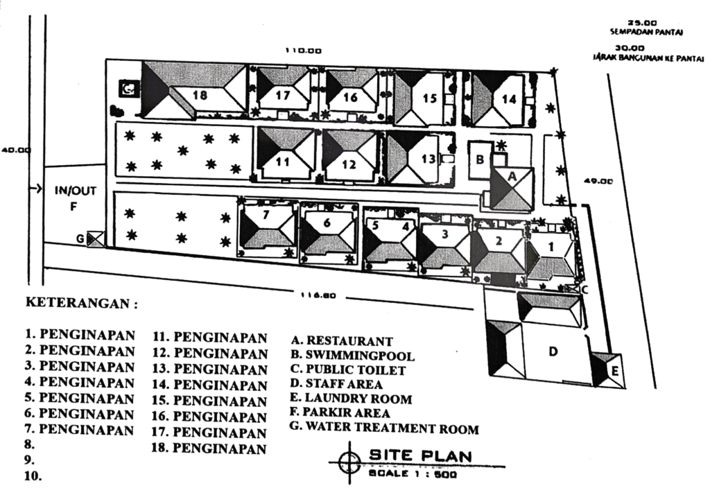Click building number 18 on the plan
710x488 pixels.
(199, 95)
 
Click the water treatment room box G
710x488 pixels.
(95, 239)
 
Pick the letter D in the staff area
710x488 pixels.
(553, 351)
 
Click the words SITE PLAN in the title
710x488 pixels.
(420, 455)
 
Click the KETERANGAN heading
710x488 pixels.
(81, 304)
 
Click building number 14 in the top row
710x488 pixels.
(508, 99)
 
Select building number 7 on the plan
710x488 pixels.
(266, 216)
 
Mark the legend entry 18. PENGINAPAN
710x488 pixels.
(209, 448)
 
